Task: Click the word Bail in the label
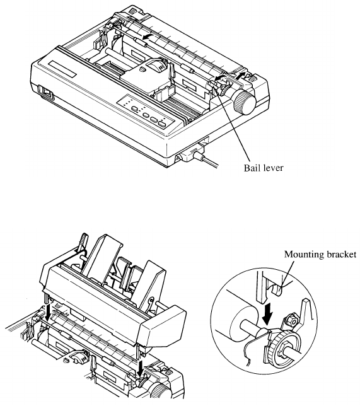point(252,168)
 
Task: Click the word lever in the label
point(273,168)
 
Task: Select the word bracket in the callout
point(338,255)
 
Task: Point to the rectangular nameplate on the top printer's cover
point(63,69)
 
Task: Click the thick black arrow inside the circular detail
point(267,315)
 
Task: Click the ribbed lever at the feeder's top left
point(83,241)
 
